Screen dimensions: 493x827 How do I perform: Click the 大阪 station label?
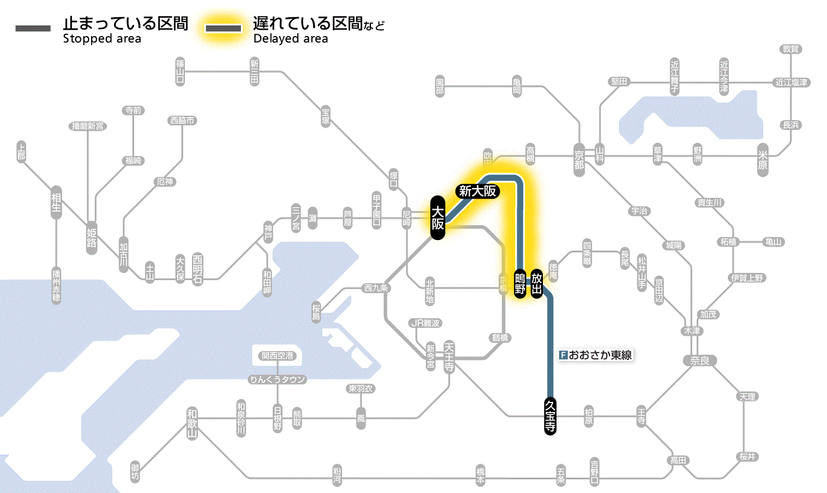tap(437, 218)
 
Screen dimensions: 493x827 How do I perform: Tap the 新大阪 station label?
tap(477, 191)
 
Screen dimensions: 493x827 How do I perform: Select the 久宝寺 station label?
tap(550, 416)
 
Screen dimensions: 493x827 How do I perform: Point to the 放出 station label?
tap(537, 283)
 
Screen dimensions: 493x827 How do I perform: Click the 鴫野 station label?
tap(520, 283)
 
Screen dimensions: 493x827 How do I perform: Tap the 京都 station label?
tap(579, 158)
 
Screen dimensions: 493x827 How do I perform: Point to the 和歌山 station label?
tap(192, 422)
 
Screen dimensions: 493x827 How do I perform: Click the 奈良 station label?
tap(699, 359)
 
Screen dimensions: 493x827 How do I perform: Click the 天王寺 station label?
tap(450, 357)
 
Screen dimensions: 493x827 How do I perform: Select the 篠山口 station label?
tap(180, 70)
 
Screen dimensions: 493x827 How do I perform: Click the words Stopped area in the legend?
tap(102, 39)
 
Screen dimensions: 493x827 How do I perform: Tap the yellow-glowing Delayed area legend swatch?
tap(223, 28)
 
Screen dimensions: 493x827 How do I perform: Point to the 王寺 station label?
tap(642, 416)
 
